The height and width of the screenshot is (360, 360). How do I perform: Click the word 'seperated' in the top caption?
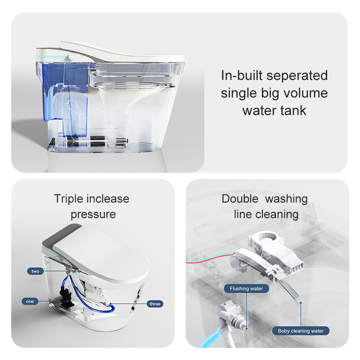pos(299,76)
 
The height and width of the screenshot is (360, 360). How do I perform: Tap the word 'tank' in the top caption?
pos(293,110)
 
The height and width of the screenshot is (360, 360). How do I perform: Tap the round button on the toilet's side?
pos(71,57)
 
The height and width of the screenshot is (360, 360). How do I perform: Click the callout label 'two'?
pos(36,271)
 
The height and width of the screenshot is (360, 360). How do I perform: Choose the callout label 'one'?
pos(30,301)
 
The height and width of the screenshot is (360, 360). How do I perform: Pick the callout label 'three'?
pos(154,304)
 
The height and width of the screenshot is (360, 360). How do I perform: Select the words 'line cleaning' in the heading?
pos(266,214)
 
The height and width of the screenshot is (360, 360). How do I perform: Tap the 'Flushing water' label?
pos(246,288)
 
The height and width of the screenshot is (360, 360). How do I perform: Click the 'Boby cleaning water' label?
pos(301,331)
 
